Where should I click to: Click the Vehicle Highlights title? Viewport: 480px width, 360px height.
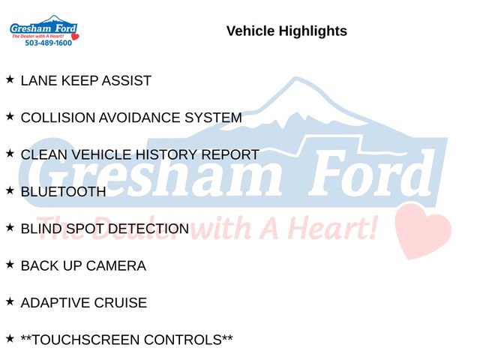(x=286, y=31)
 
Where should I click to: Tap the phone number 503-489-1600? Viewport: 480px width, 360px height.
(x=48, y=43)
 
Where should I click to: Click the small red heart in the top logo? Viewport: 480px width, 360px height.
(x=75, y=37)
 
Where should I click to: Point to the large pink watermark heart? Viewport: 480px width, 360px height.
(x=423, y=231)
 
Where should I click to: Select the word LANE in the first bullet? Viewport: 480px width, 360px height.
(x=39, y=81)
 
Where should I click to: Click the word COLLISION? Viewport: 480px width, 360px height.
(x=58, y=118)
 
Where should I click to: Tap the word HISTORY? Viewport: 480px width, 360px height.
(x=166, y=154)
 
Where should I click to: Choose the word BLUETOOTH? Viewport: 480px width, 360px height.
(x=63, y=192)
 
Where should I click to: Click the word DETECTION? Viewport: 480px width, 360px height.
(x=148, y=229)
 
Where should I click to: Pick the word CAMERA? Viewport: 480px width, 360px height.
(x=116, y=266)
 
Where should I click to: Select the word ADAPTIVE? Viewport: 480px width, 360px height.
(x=55, y=303)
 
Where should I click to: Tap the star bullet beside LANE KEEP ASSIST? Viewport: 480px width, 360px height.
(x=10, y=79)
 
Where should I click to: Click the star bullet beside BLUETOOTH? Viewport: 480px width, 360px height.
(x=10, y=190)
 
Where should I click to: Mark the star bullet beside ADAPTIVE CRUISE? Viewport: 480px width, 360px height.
(x=10, y=301)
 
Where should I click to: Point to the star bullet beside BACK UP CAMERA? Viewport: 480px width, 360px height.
(x=10, y=265)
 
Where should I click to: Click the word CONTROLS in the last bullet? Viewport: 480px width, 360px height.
(x=183, y=340)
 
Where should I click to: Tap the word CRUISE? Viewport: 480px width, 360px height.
(x=121, y=303)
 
